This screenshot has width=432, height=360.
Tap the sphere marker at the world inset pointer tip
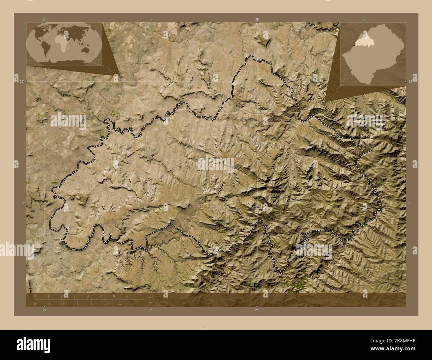(x=120, y=76)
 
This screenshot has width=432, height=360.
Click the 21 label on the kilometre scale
(x=127, y=296)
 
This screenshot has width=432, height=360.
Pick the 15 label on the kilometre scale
(x=101, y=296)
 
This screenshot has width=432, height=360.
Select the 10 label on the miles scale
(x=106, y=304)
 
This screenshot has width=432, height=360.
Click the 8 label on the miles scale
(x=91, y=304)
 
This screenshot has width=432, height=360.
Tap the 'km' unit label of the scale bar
(x=151, y=297)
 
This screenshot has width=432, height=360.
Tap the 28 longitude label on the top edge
(x=257, y=19)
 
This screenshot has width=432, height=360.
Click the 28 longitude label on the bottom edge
(x=257, y=310)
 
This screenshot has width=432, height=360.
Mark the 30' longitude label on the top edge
(x=44, y=20)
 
